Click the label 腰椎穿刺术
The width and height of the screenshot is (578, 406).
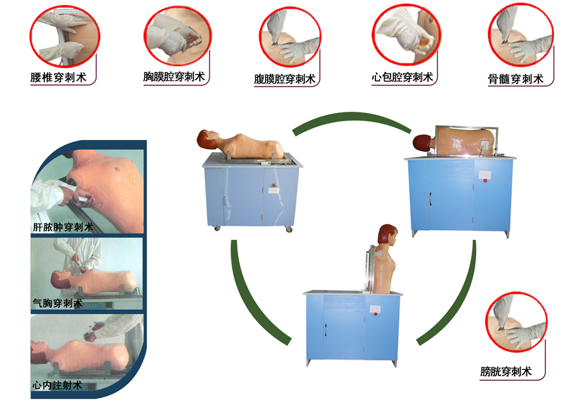click(59, 78)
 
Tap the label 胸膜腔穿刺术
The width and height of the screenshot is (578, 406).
click(174, 76)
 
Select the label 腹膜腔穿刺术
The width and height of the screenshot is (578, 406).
click(285, 79)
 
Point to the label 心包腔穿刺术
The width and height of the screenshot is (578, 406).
click(402, 77)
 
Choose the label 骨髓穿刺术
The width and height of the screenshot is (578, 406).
click(516, 79)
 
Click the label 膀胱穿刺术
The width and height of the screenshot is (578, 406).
click(506, 371)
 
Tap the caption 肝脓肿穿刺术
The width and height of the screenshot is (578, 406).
click(63, 227)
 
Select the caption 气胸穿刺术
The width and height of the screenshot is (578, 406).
click(57, 303)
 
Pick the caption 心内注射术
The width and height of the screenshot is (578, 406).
click(57, 385)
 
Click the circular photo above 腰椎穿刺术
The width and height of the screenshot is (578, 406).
click(65, 36)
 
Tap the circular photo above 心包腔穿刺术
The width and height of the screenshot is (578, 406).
click(406, 35)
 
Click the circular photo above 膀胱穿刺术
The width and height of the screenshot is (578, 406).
click(516, 322)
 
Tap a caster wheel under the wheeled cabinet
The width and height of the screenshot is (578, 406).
click(289, 229)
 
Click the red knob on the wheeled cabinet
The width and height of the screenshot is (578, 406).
click(274, 186)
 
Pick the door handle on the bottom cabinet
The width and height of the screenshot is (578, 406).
click(326, 330)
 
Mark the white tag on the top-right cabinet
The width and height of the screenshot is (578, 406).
click(485, 174)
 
